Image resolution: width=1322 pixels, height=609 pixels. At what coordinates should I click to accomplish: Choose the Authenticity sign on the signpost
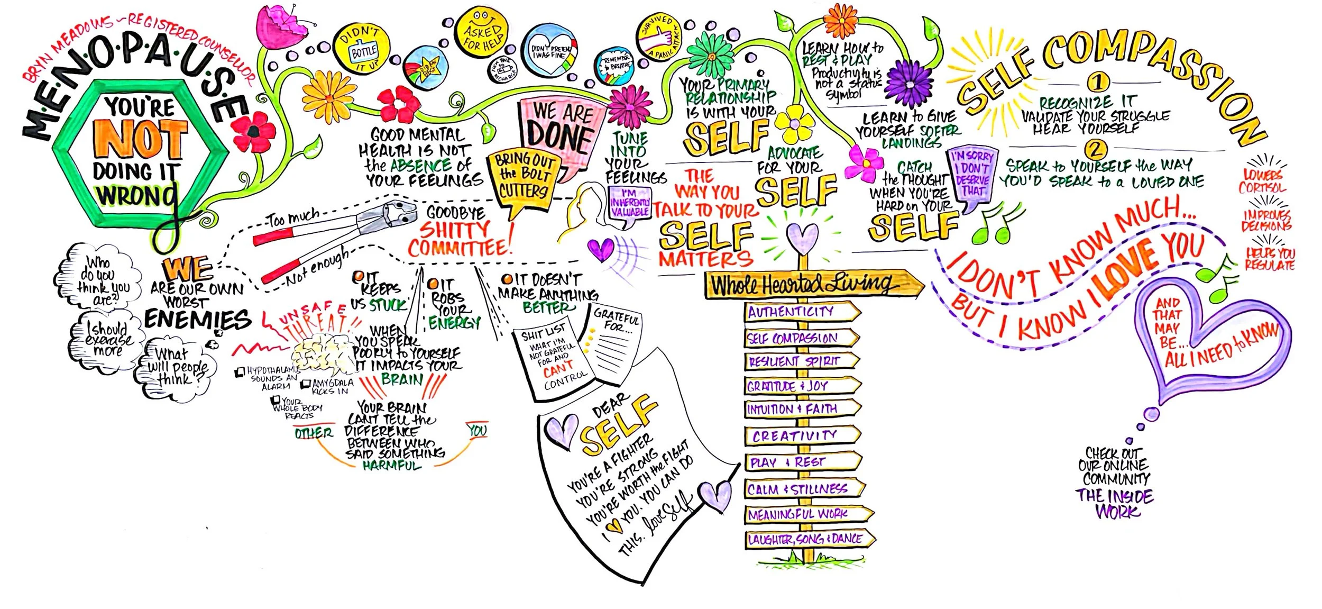[x=796, y=312]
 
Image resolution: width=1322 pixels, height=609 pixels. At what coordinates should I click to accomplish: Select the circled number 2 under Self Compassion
[x=1096, y=149]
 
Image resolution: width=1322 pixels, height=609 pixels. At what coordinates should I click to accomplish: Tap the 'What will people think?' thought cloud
[x=175, y=367]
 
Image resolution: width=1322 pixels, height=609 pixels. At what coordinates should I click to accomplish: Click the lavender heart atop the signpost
[x=802, y=237]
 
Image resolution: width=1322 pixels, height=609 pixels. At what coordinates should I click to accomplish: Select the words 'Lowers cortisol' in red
[x=1262, y=181]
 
